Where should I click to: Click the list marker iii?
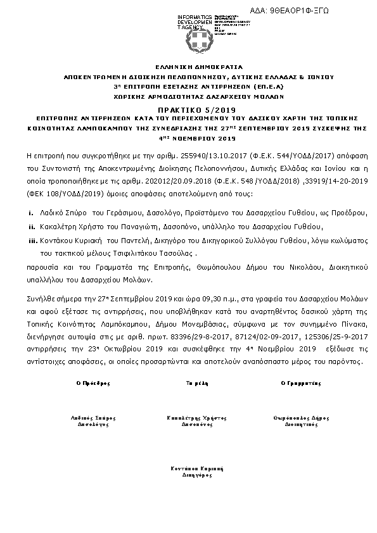[33, 239]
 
